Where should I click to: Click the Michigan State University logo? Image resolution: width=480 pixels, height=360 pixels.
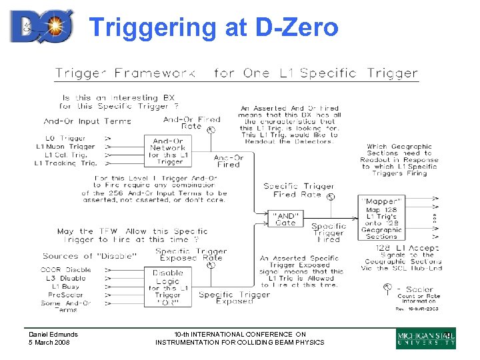tap(426, 339)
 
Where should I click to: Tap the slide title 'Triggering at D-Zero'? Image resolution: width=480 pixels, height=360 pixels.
tap(214, 27)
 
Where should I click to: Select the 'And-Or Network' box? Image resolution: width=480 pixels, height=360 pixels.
tap(167, 151)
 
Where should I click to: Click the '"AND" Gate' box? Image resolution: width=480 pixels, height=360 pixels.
tap(285, 219)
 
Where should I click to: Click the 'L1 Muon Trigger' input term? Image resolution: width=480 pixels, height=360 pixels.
tap(65, 147)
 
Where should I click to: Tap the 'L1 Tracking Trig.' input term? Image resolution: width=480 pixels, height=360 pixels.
tap(65, 163)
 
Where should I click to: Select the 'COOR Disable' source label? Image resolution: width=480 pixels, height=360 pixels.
tap(65, 270)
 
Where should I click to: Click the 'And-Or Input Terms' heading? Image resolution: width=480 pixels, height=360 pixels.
tap(87, 121)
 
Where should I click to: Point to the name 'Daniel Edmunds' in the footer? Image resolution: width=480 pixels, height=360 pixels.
tap(53, 335)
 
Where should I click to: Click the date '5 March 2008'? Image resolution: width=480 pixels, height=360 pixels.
tap(50, 343)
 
